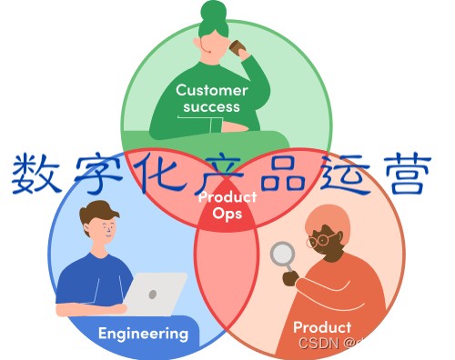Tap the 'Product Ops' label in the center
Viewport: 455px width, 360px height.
coord(227,205)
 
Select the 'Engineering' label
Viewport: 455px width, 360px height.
coord(144,333)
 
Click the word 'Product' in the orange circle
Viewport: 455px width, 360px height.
coord(321,326)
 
